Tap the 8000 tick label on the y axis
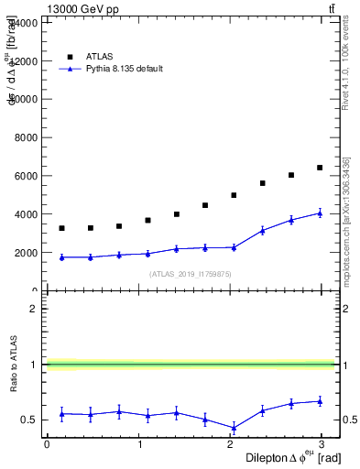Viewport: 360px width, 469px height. (25, 137)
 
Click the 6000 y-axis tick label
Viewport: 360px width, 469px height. (25, 176)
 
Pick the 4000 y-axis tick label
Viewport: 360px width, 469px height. (25, 214)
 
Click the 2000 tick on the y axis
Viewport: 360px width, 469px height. (25, 253)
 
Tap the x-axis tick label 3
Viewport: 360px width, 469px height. (322, 443)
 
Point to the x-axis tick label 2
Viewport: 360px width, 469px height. (231, 443)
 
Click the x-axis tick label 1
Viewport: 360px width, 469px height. (139, 443)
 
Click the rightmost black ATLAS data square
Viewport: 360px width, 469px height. (320, 168)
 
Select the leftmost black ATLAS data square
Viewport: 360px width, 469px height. (61, 228)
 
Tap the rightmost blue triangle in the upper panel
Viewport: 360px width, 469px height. (320, 213)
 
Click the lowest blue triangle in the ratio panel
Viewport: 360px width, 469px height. (234, 428)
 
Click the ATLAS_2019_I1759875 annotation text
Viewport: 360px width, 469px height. (190, 274)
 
